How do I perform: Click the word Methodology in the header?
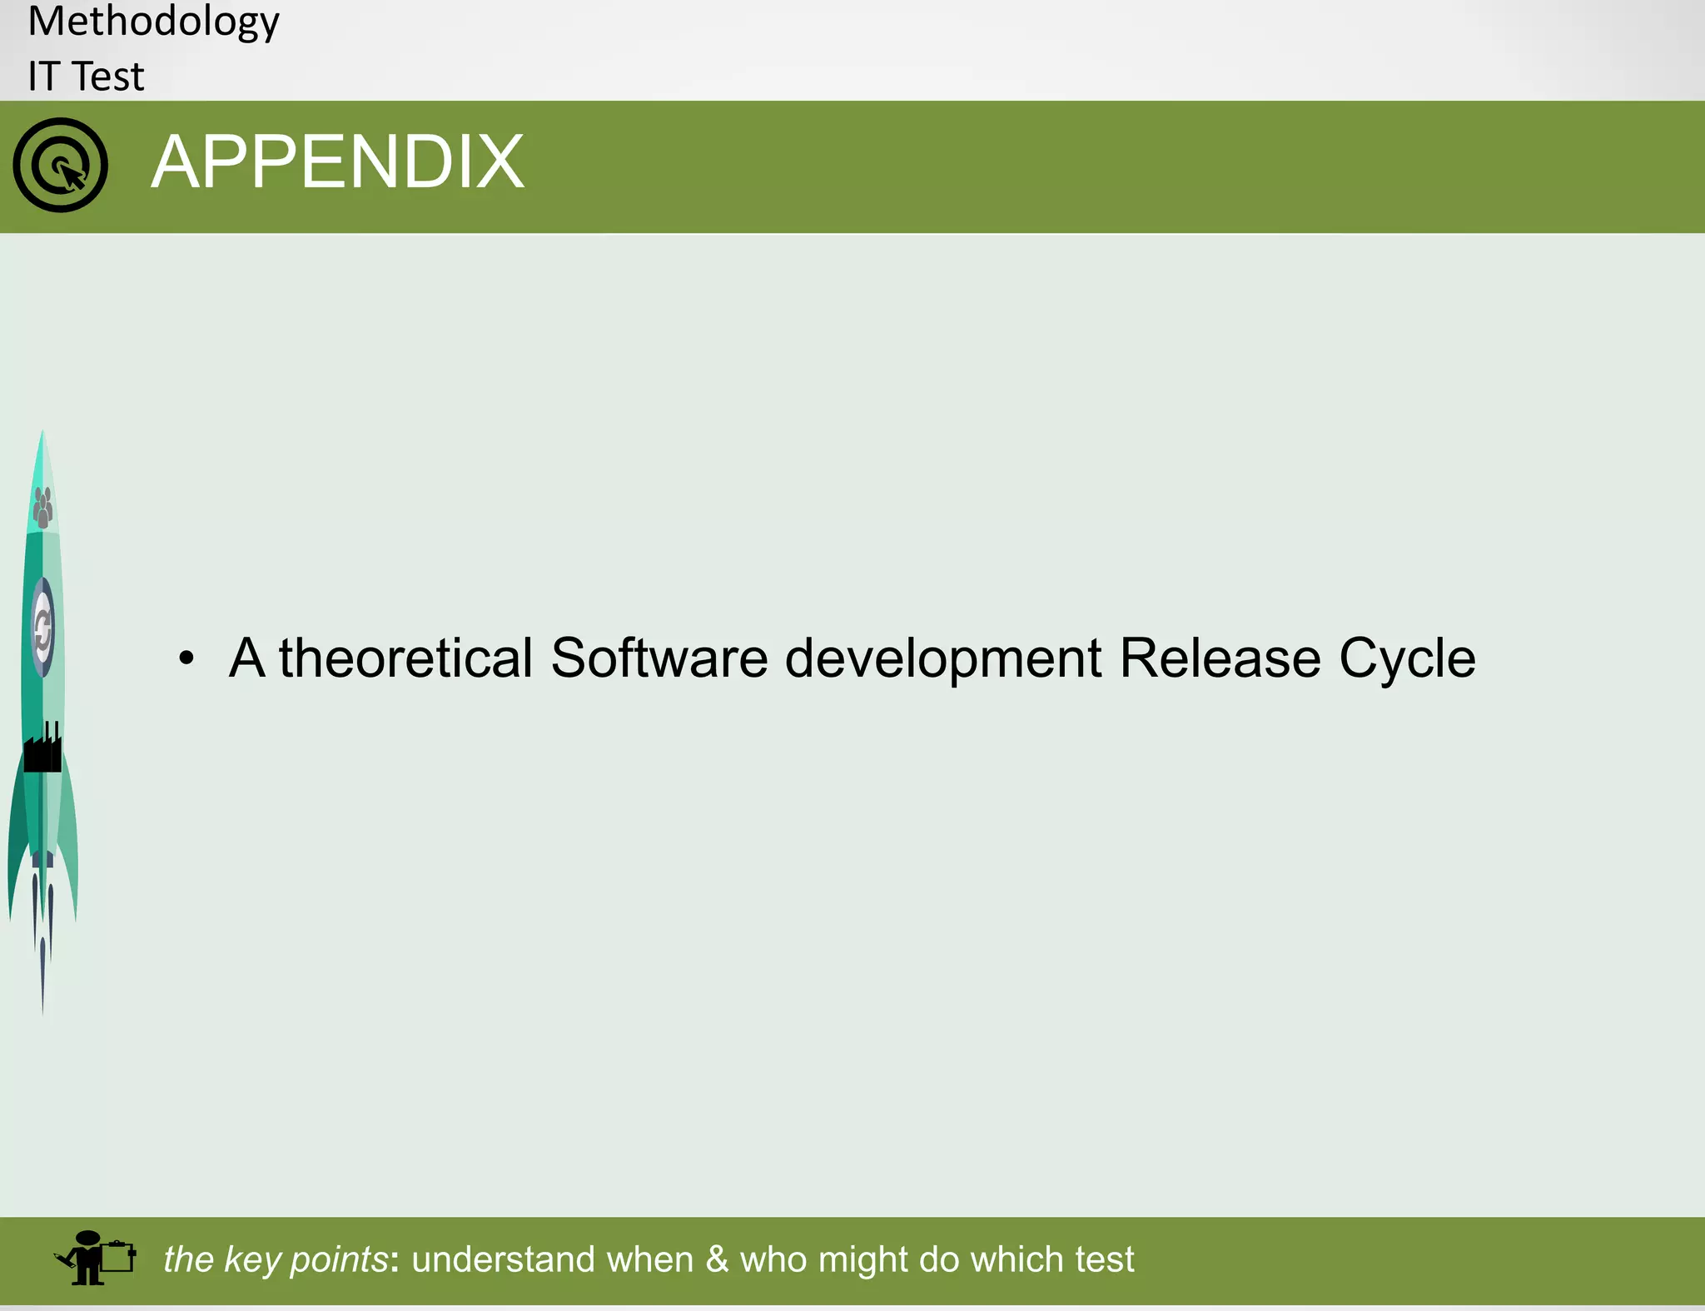point(153,22)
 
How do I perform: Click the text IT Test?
point(86,77)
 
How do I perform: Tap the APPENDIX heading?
point(337,162)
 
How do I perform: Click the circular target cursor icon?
point(60,165)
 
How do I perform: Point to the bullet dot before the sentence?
point(186,658)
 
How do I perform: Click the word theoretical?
point(405,658)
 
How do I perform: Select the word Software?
point(659,658)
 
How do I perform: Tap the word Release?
point(1220,658)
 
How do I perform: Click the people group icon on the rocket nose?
point(42,507)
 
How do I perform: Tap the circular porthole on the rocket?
point(42,628)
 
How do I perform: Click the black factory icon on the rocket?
point(42,749)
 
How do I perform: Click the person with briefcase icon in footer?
point(94,1258)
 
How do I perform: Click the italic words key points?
point(305,1259)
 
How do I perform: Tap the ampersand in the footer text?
point(717,1259)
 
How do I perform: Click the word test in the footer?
point(1104,1259)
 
